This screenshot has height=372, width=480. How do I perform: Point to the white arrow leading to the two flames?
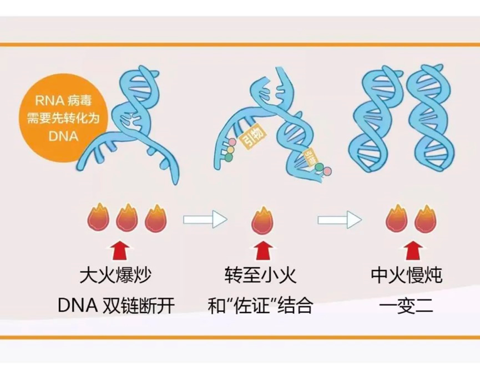[338, 219]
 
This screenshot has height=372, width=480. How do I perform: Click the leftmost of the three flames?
[99, 219]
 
